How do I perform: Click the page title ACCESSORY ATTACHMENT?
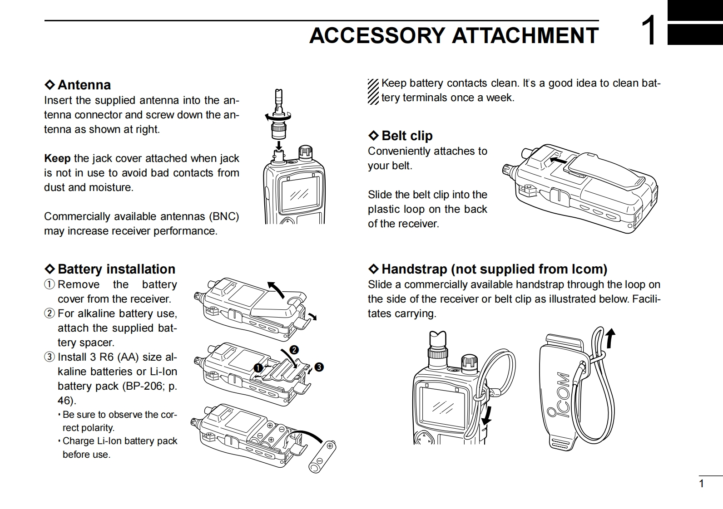(x=454, y=35)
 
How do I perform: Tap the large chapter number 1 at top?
(x=649, y=31)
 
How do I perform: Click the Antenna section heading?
(x=84, y=85)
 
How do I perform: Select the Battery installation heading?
(x=116, y=269)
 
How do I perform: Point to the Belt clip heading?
(x=407, y=136)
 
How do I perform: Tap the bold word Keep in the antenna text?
(x=57, y=158)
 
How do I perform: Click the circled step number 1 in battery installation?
(x=49, y=284)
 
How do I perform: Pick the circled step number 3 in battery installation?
(x=49, y=357)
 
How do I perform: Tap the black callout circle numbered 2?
(x=294, y=350)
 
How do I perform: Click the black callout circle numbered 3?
(x=319, y=367)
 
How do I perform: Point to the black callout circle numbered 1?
(x=258, y=367)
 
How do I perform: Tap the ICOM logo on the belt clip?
(x=558, y=395)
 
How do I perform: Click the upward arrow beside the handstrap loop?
(x=611, y=338)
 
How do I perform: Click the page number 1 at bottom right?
(x=701, y=484)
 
